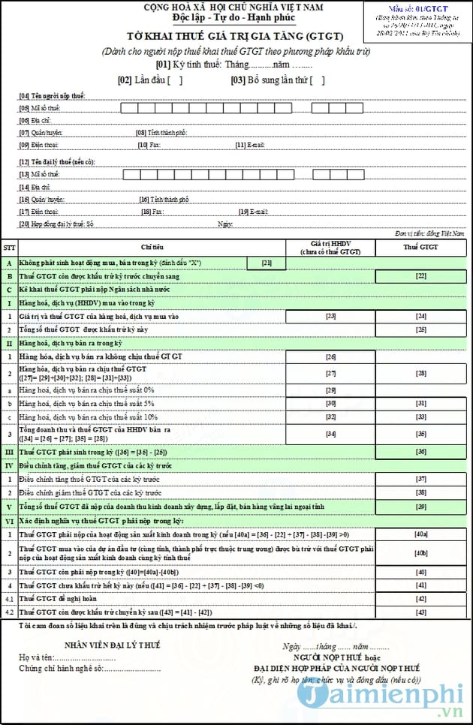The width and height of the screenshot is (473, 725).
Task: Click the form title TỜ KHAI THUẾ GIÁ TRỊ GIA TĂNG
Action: pyautogui.click(x=235, y=36)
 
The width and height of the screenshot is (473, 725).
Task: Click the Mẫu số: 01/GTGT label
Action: pyautogui.click(x=417, y=8)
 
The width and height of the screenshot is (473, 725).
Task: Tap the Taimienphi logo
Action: pyautogui.click(x=384, y=697)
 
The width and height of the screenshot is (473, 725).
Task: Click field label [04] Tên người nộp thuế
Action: pyautogui.click(x=53, y=95)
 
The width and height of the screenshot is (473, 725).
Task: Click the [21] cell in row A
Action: pyautogui.click(x=267, y=263)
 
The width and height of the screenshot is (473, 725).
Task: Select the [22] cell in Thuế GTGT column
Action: pyautogui.click(x=421, y=276)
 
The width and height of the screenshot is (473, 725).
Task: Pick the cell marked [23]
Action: pyautogui.click(x=330, y=316)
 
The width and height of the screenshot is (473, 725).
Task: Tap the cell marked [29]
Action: pyautogui.click(x=330, y=390)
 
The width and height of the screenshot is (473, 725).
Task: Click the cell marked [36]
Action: pyautogui.click(x=421, y=451)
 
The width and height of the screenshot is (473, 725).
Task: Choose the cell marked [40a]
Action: pyautogui.click(x=421, y=534)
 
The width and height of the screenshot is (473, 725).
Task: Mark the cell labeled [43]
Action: pyautogui.click(x=421, y=612)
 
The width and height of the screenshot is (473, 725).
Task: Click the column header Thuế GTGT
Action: pyautogui.click(x=421, y=246)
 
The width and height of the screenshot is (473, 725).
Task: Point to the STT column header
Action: pyautogui.click(x=10, y=246)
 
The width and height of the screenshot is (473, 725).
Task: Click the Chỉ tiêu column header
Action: pyautogui.click(x=152, y=246)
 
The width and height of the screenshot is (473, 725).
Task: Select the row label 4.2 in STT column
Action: pyautogui.click(x=10, y=612)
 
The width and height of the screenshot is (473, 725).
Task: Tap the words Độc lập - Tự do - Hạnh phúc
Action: pyautogui.click(x=233, y=17)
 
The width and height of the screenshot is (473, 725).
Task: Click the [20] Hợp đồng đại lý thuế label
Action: pyautogui.click(x=57, y=224)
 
